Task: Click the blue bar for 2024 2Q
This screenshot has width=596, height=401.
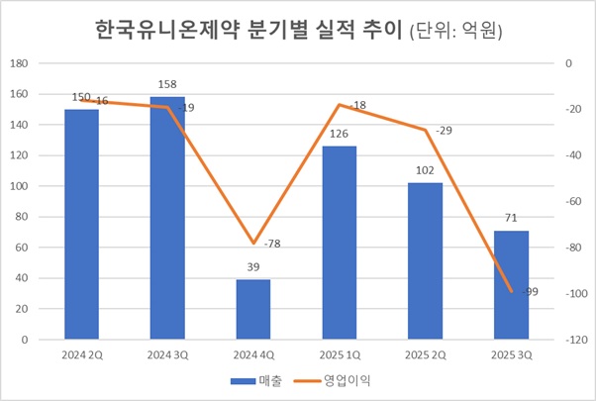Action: pos(81,224)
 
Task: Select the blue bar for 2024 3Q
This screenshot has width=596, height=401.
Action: pos(167,218)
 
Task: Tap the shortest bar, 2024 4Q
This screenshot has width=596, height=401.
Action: pos(252,309)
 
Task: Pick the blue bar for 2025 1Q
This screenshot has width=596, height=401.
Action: pos(339,243)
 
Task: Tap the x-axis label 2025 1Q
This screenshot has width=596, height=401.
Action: pos(339,352)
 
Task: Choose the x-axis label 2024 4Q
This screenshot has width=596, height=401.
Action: pos(252,352)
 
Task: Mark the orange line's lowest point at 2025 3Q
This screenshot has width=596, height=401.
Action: pos(511,291)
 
